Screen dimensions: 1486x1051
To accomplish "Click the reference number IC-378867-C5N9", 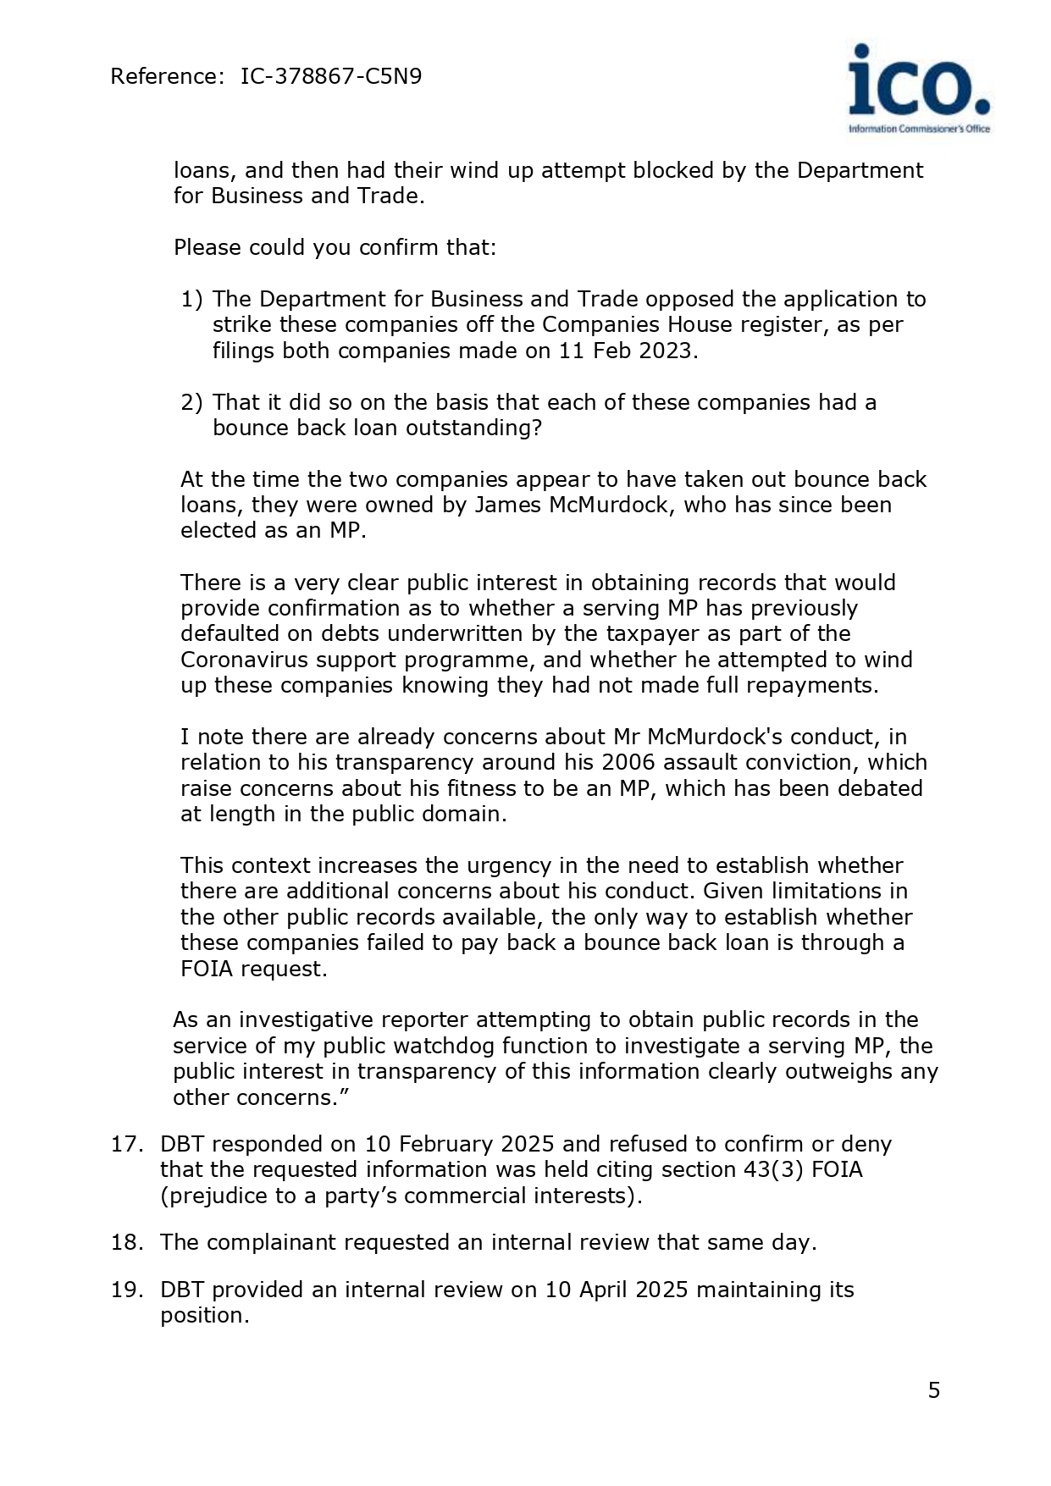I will (331, 77).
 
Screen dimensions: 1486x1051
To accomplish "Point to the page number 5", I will (934, 1390).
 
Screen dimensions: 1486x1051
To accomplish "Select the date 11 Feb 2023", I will (628, 351).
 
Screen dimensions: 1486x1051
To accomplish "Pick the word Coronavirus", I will (244, 660).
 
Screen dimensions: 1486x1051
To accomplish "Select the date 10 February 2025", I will (459, 1144).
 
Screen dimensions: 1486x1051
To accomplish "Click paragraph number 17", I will (127, 1144).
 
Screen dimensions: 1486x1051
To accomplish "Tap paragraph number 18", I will (127, 1242).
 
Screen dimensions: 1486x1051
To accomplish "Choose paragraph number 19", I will (127, 1290).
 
